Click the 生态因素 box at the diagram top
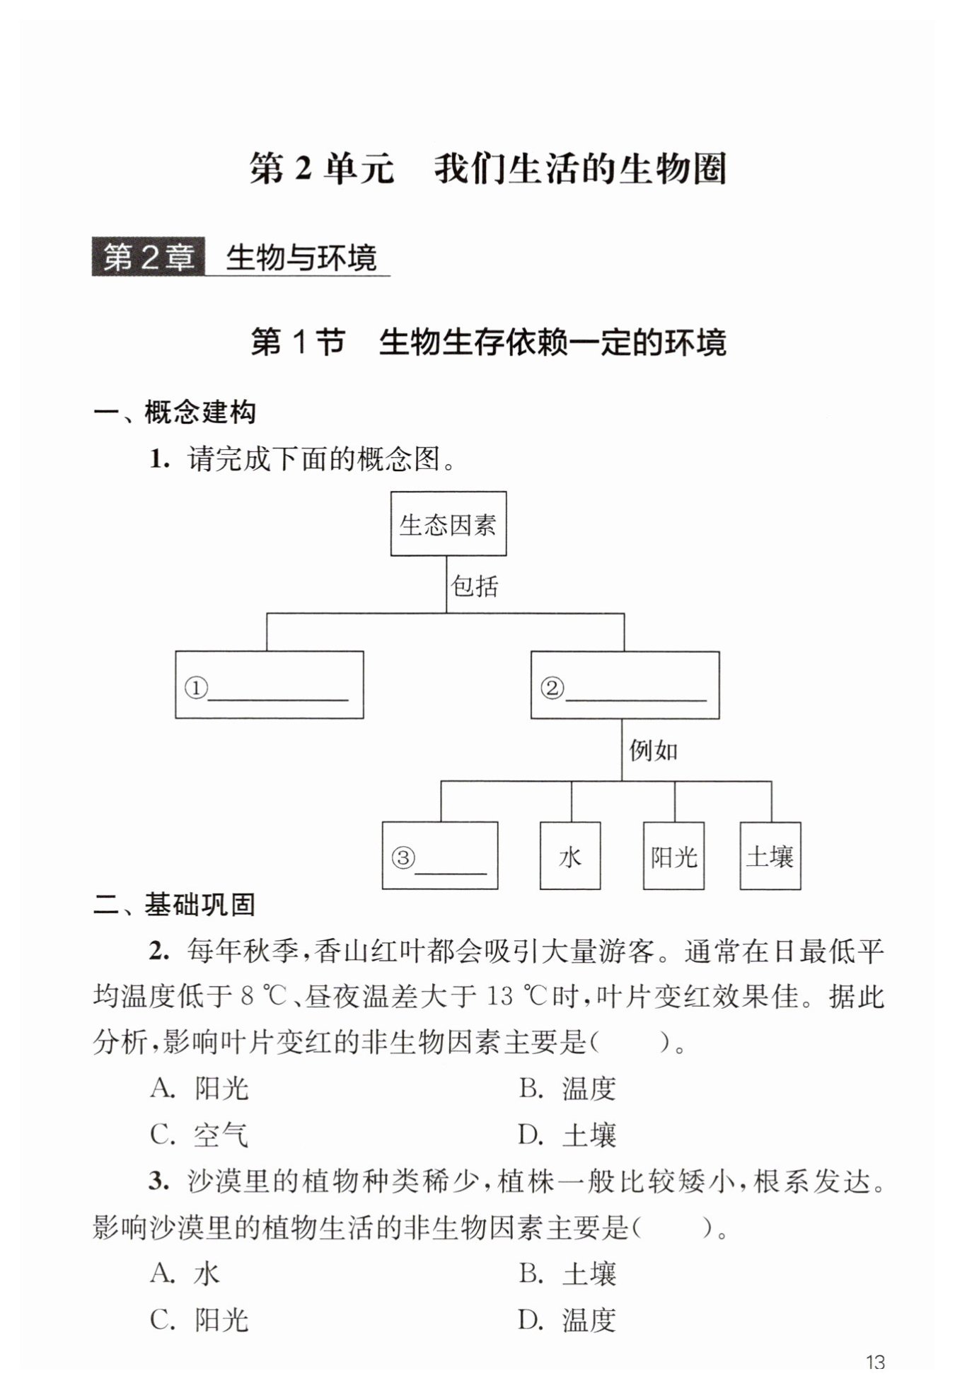448,524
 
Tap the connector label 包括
475,586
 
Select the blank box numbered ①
269,685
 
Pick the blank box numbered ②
625,685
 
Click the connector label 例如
653,751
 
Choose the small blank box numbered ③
439,855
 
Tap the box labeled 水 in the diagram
569,856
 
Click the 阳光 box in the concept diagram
673,856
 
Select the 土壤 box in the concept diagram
770,856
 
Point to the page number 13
875,1361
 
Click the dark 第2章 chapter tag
148,257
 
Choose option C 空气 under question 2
199,1135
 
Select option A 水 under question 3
185,1273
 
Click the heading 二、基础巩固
174,905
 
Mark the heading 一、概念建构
174,412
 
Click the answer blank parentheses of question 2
630,1042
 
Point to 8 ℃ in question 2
262,996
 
